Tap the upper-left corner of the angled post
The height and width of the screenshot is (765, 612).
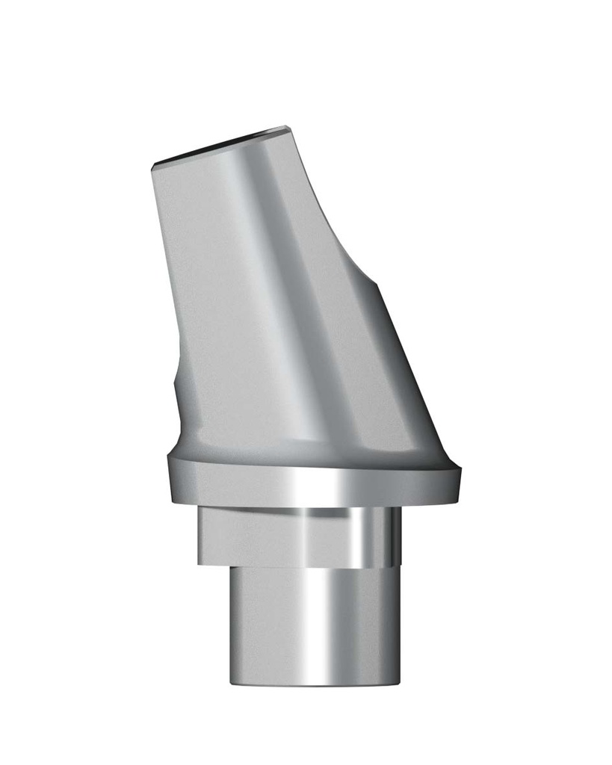pos(153,166)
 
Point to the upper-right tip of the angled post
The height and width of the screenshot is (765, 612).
pos(288,128)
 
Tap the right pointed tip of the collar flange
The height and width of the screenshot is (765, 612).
pos(460,472)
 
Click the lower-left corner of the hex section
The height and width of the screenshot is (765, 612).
pos(199,563)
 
